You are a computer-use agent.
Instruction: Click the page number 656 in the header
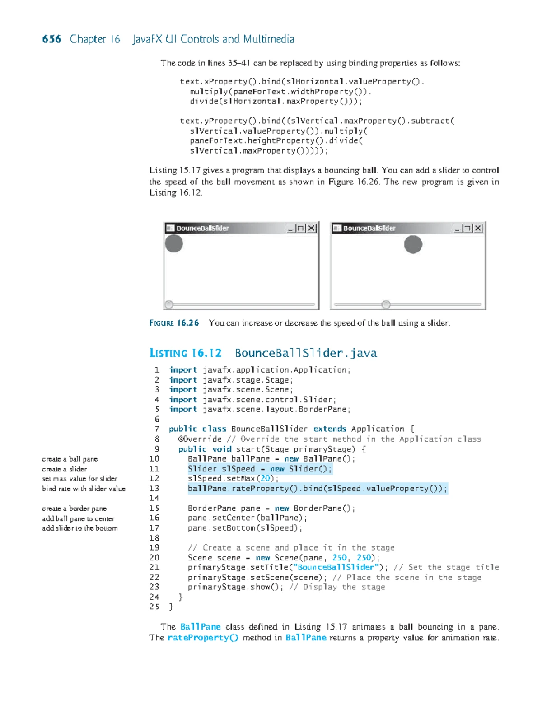coord(51,39)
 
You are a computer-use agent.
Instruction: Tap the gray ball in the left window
coord(173,243)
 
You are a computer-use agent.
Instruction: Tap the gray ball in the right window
coord(413,244)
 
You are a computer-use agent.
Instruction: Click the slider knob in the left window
coord(169,304)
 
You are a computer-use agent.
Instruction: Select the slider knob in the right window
coord(386,304)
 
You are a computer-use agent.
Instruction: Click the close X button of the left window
coord(312,228)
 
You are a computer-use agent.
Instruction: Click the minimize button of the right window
coord(457,228)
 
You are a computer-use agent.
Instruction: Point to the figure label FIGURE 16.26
coord(174,323)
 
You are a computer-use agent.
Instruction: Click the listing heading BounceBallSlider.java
coord(306,353)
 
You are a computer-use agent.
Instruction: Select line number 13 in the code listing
coord(154,488)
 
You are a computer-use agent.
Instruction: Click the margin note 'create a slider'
coord(64,469)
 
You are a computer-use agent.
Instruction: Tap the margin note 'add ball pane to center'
coord(78,518)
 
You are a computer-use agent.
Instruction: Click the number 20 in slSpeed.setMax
coord(265,478)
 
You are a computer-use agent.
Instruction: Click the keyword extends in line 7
coord(330,429)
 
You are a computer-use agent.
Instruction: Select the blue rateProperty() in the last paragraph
coord(203,638)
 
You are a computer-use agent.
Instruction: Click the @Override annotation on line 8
coord(200,439)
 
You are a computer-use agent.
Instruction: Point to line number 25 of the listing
coord(154,607)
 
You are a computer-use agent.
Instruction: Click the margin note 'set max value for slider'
coord(79,479)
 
